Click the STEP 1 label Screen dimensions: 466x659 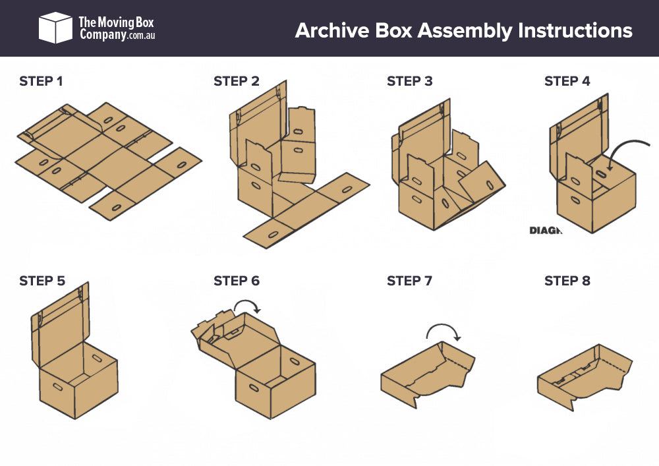[41, 82]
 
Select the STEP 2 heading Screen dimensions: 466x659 [237, 82]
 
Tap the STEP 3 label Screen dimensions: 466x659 [410, 82]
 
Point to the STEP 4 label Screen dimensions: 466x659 [567, 82]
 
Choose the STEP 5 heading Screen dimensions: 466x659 [42, 281]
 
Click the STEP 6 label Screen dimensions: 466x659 [237, 281]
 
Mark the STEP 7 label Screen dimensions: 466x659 [410, 281]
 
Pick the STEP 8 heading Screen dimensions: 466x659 [567, 281]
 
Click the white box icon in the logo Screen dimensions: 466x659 [55, 28]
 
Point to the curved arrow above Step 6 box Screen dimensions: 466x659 [247, 305]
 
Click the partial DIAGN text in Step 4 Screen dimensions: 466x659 [545, 231]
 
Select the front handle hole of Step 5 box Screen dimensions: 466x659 [57, 386]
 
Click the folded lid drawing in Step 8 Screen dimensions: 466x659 [583, 376]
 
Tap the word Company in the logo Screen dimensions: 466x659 [102, 35]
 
